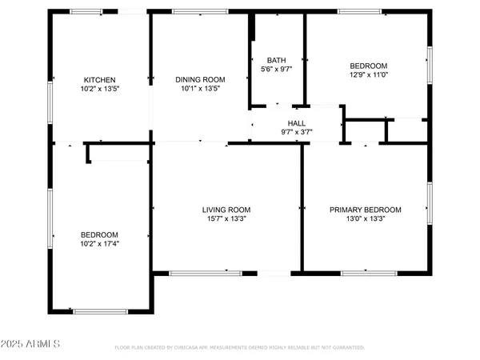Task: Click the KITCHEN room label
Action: pos(101,80)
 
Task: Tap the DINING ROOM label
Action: pos(200,80)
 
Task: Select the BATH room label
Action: pos(277,60)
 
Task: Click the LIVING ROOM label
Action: pos(226,210)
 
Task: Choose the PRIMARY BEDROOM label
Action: pos(366,210)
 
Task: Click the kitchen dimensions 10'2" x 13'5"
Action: pos(101,89)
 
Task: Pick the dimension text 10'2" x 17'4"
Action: pos(99,243)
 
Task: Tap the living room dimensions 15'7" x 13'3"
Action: pos(226,218)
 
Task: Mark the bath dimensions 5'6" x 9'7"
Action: pos(277,69)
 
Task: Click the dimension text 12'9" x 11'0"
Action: pos(369,74)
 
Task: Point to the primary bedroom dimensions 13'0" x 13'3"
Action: pos(366,218)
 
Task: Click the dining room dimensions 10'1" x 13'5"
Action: pos(200,89)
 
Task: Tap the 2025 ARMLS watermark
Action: pos(32,343)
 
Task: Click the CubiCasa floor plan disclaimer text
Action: pos(240,348)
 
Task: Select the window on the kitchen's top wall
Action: pos(86,12)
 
